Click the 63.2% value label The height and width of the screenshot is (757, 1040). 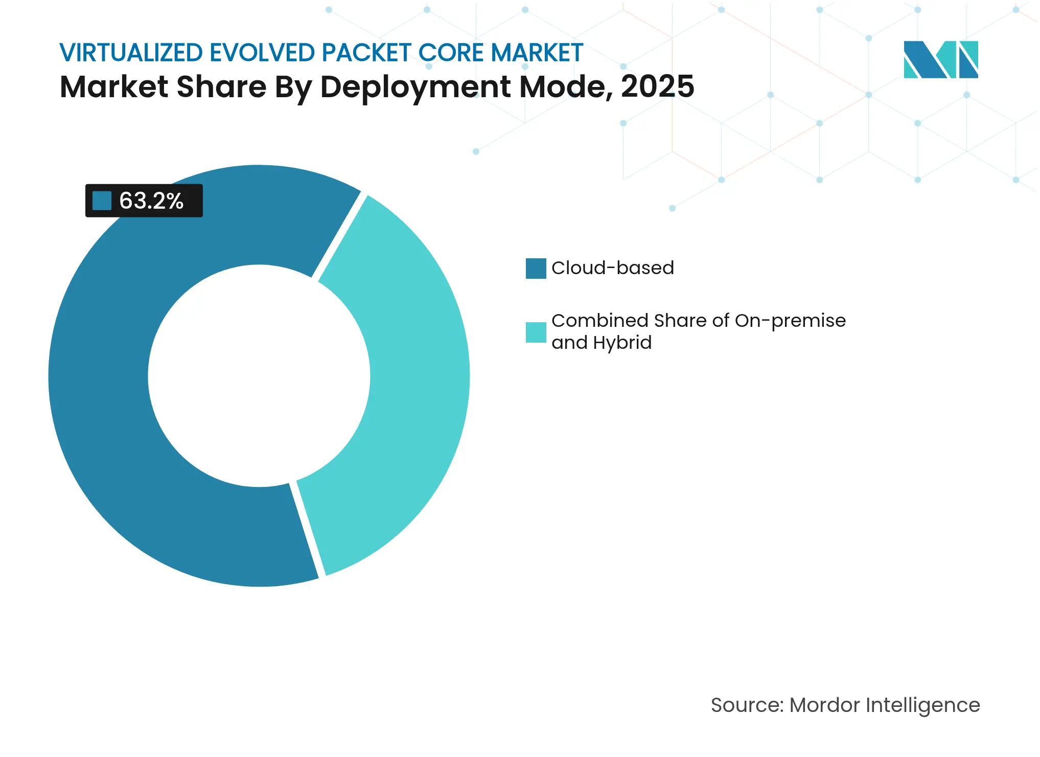point(151,201)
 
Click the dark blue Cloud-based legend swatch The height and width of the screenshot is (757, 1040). point(536,268)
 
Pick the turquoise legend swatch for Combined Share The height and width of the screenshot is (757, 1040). point(536,332)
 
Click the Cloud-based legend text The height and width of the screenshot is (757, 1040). point(612,268)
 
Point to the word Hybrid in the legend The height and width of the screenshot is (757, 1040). point(622,342)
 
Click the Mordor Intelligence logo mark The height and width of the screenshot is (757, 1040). point(940,59)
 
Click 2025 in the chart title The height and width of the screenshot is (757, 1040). point(657,86)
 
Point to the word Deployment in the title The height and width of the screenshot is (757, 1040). point(415,86)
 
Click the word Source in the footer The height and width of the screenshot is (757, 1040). point(746,705)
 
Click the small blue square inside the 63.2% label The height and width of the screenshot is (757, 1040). point(102,201)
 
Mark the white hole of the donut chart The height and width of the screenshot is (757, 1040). point(259,376)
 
